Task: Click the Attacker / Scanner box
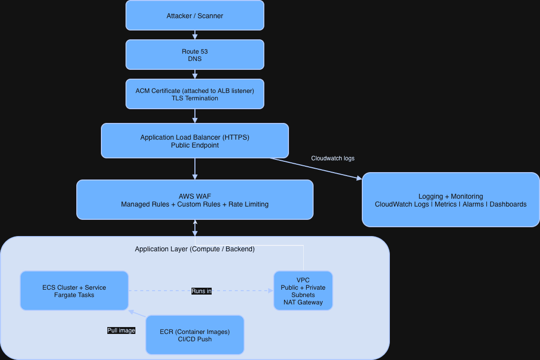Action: pyautogui.click(x=194, y=15)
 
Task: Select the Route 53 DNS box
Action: pyautogui.click(x=194, y=55)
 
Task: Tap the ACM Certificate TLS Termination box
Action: pyautogui.click(x=194, y=94)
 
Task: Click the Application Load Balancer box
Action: pyautogui.click(x=194, y=141)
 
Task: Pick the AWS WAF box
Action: pyautogui.click(x=194, y=200)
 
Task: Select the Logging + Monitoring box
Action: pyautogui.click(x=450, y=200)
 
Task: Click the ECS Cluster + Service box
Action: pyautogui.click(x=74, y=291)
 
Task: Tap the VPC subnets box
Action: pyautogui.click(x=303, y=291)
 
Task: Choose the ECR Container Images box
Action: pyautogui.click(x=194, y=335)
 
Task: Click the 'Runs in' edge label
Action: pyautogui.click(x=201, y=291)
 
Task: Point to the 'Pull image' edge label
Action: pyautogui.click(x=121, y=330)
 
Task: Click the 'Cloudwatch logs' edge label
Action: pyautogui.click(x=333, y=158)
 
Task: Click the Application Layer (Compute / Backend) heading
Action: pyautogui.click(x=194, y=249)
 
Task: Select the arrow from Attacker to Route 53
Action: pyautogui.click(x=195, y=35)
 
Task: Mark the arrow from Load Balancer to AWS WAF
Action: pyautogui.click(x=195, y=169)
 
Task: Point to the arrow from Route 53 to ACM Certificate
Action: pyautogui.click(x=195, y=74)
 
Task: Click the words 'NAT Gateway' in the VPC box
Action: pyautogui.click(x=303, y=302)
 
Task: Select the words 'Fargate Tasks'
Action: pyautogui.click(x=74, y=295)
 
